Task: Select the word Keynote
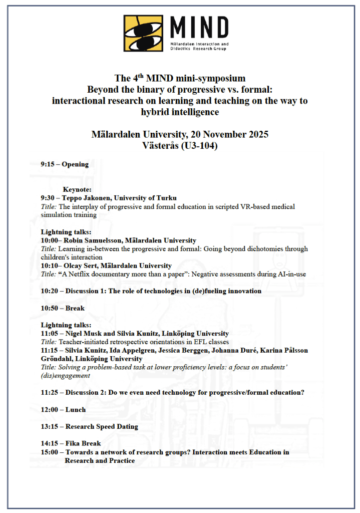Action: click(77, 190)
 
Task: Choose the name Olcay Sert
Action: click(79, 266)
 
